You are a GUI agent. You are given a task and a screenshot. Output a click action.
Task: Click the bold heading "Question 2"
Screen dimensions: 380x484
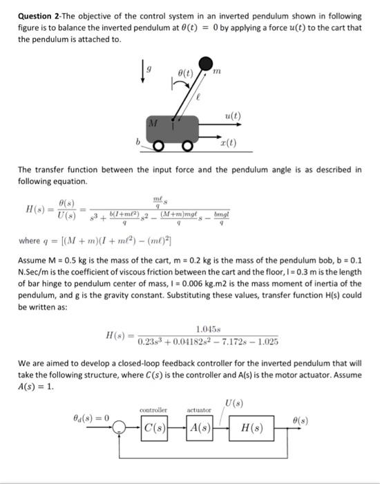pos(43,16)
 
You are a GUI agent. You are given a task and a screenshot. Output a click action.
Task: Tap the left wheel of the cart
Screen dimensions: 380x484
pos(158,147)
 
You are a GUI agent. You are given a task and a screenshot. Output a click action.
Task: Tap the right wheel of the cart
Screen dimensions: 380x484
pos(188,147)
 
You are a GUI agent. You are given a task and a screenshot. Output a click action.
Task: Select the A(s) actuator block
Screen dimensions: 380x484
pos(200,428)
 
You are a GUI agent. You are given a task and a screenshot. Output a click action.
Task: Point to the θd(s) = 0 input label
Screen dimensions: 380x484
pos(91,418)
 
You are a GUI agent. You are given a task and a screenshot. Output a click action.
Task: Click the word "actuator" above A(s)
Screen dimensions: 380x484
pos(199,411)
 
